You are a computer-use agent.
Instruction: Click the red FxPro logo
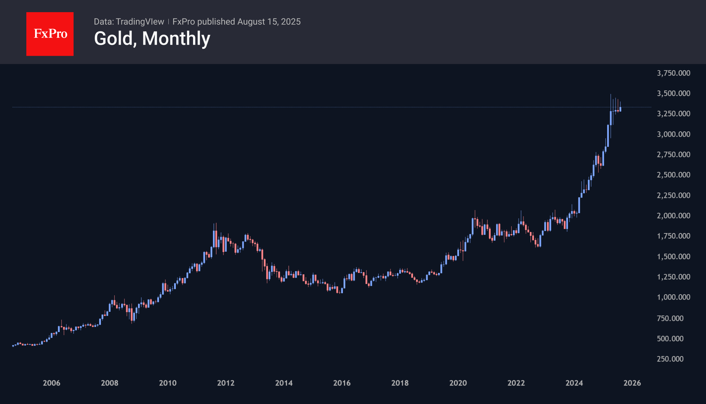50,34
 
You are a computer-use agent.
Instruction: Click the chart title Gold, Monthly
152,39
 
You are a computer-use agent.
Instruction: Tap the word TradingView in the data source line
140,22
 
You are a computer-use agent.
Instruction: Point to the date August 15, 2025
269,22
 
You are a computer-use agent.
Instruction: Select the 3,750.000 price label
673,73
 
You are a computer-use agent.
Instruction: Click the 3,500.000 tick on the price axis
673,93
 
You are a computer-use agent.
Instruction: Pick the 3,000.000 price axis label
673,134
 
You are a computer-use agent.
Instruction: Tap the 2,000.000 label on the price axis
673,216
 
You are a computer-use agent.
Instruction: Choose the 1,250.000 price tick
673,277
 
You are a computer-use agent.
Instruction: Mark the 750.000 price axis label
670,318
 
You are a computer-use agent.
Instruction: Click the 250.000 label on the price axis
670,359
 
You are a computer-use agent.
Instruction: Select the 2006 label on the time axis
52,383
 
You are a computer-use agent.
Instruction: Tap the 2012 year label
226,383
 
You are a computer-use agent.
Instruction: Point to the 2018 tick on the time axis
400,383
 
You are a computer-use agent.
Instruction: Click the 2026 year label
632,383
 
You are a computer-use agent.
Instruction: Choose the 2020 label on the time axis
458,383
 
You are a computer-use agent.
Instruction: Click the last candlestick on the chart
620,109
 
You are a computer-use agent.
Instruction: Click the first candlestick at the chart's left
13,346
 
